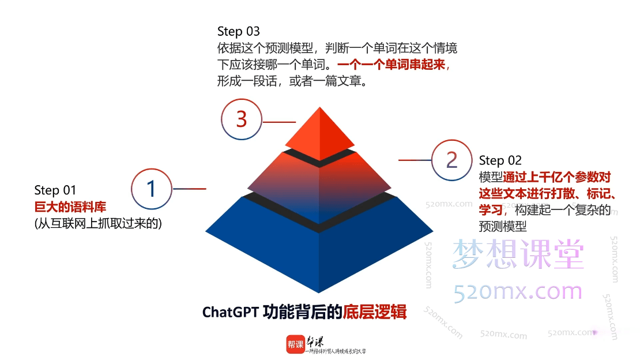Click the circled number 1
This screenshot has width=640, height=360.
pyautogui.click(x=152, y=189)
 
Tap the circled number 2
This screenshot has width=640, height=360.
pyautogui.click(x=452, y=160)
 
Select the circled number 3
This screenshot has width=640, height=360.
pyautogui.click(x=242, y=119)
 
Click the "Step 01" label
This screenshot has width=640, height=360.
pyautogui.click(x=55, y=190)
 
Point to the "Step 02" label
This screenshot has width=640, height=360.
pyautogui.click(x=500, y=160)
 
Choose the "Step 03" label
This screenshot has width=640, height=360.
pyautogui.click(x=238, y=31)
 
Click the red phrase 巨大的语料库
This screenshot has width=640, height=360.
pyautogui.click(x=70, y=207)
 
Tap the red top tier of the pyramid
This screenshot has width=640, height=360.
pyautogui.click(x=320, y=133)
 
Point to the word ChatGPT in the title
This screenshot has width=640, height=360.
pyautogui.click(x=229, y=313)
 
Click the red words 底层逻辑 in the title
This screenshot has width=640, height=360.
pyautogui.click(x=375, y=313)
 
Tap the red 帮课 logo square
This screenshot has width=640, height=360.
pyautogui.click(x=295, y=344)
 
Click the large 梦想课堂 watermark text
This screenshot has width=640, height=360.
pyautogui.click(x=518, y=254)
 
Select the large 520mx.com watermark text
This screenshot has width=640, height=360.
pyautogui.click(x=518, y=291)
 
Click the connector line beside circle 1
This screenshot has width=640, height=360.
pyautogui.click(x=190, y=189)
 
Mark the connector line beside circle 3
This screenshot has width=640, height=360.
pyautogui.click(x=279, y=122)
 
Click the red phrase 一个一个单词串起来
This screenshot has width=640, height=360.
pyautogui.click(x=391, y=65)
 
